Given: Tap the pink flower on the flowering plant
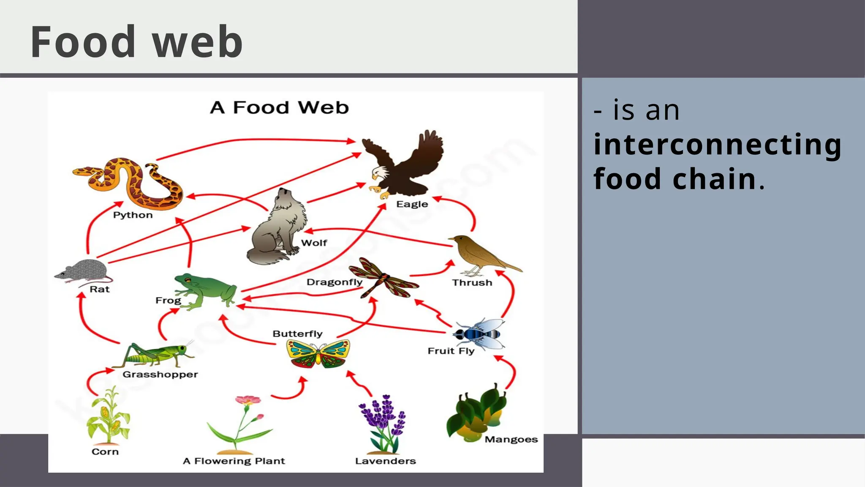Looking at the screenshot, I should click(x=248, y=400).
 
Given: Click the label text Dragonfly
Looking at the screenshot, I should click(x=334, y=282).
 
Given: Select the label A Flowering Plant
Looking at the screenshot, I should click(x=234, y=461).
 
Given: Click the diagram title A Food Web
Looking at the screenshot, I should click(x=280, y=107).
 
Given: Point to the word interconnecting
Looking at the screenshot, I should click(x=717, y=145).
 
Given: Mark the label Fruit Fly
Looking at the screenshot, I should click(x=451, y=351).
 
